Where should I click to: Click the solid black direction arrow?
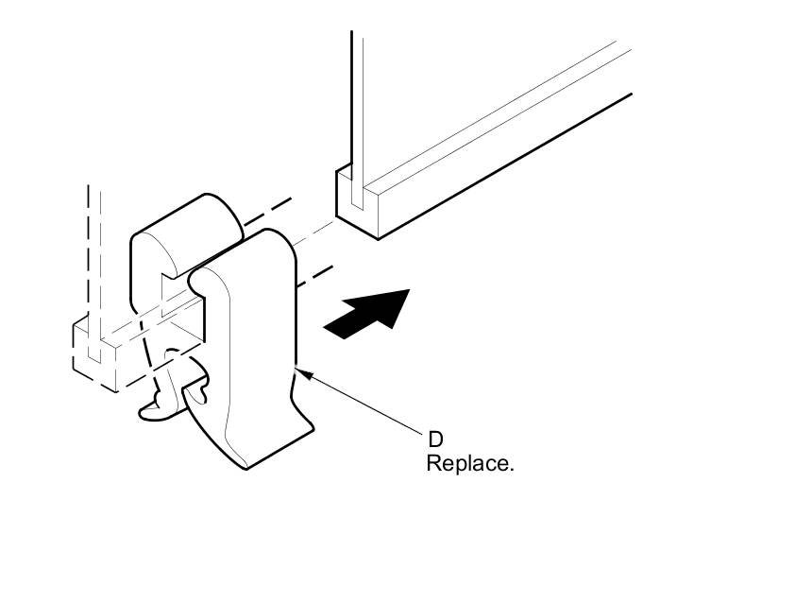click(368, 311)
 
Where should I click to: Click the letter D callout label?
click(435, 439)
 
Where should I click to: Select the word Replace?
click(469, 464)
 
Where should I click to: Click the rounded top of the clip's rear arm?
click(184, 218)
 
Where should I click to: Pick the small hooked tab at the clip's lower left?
click(157, 407)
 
